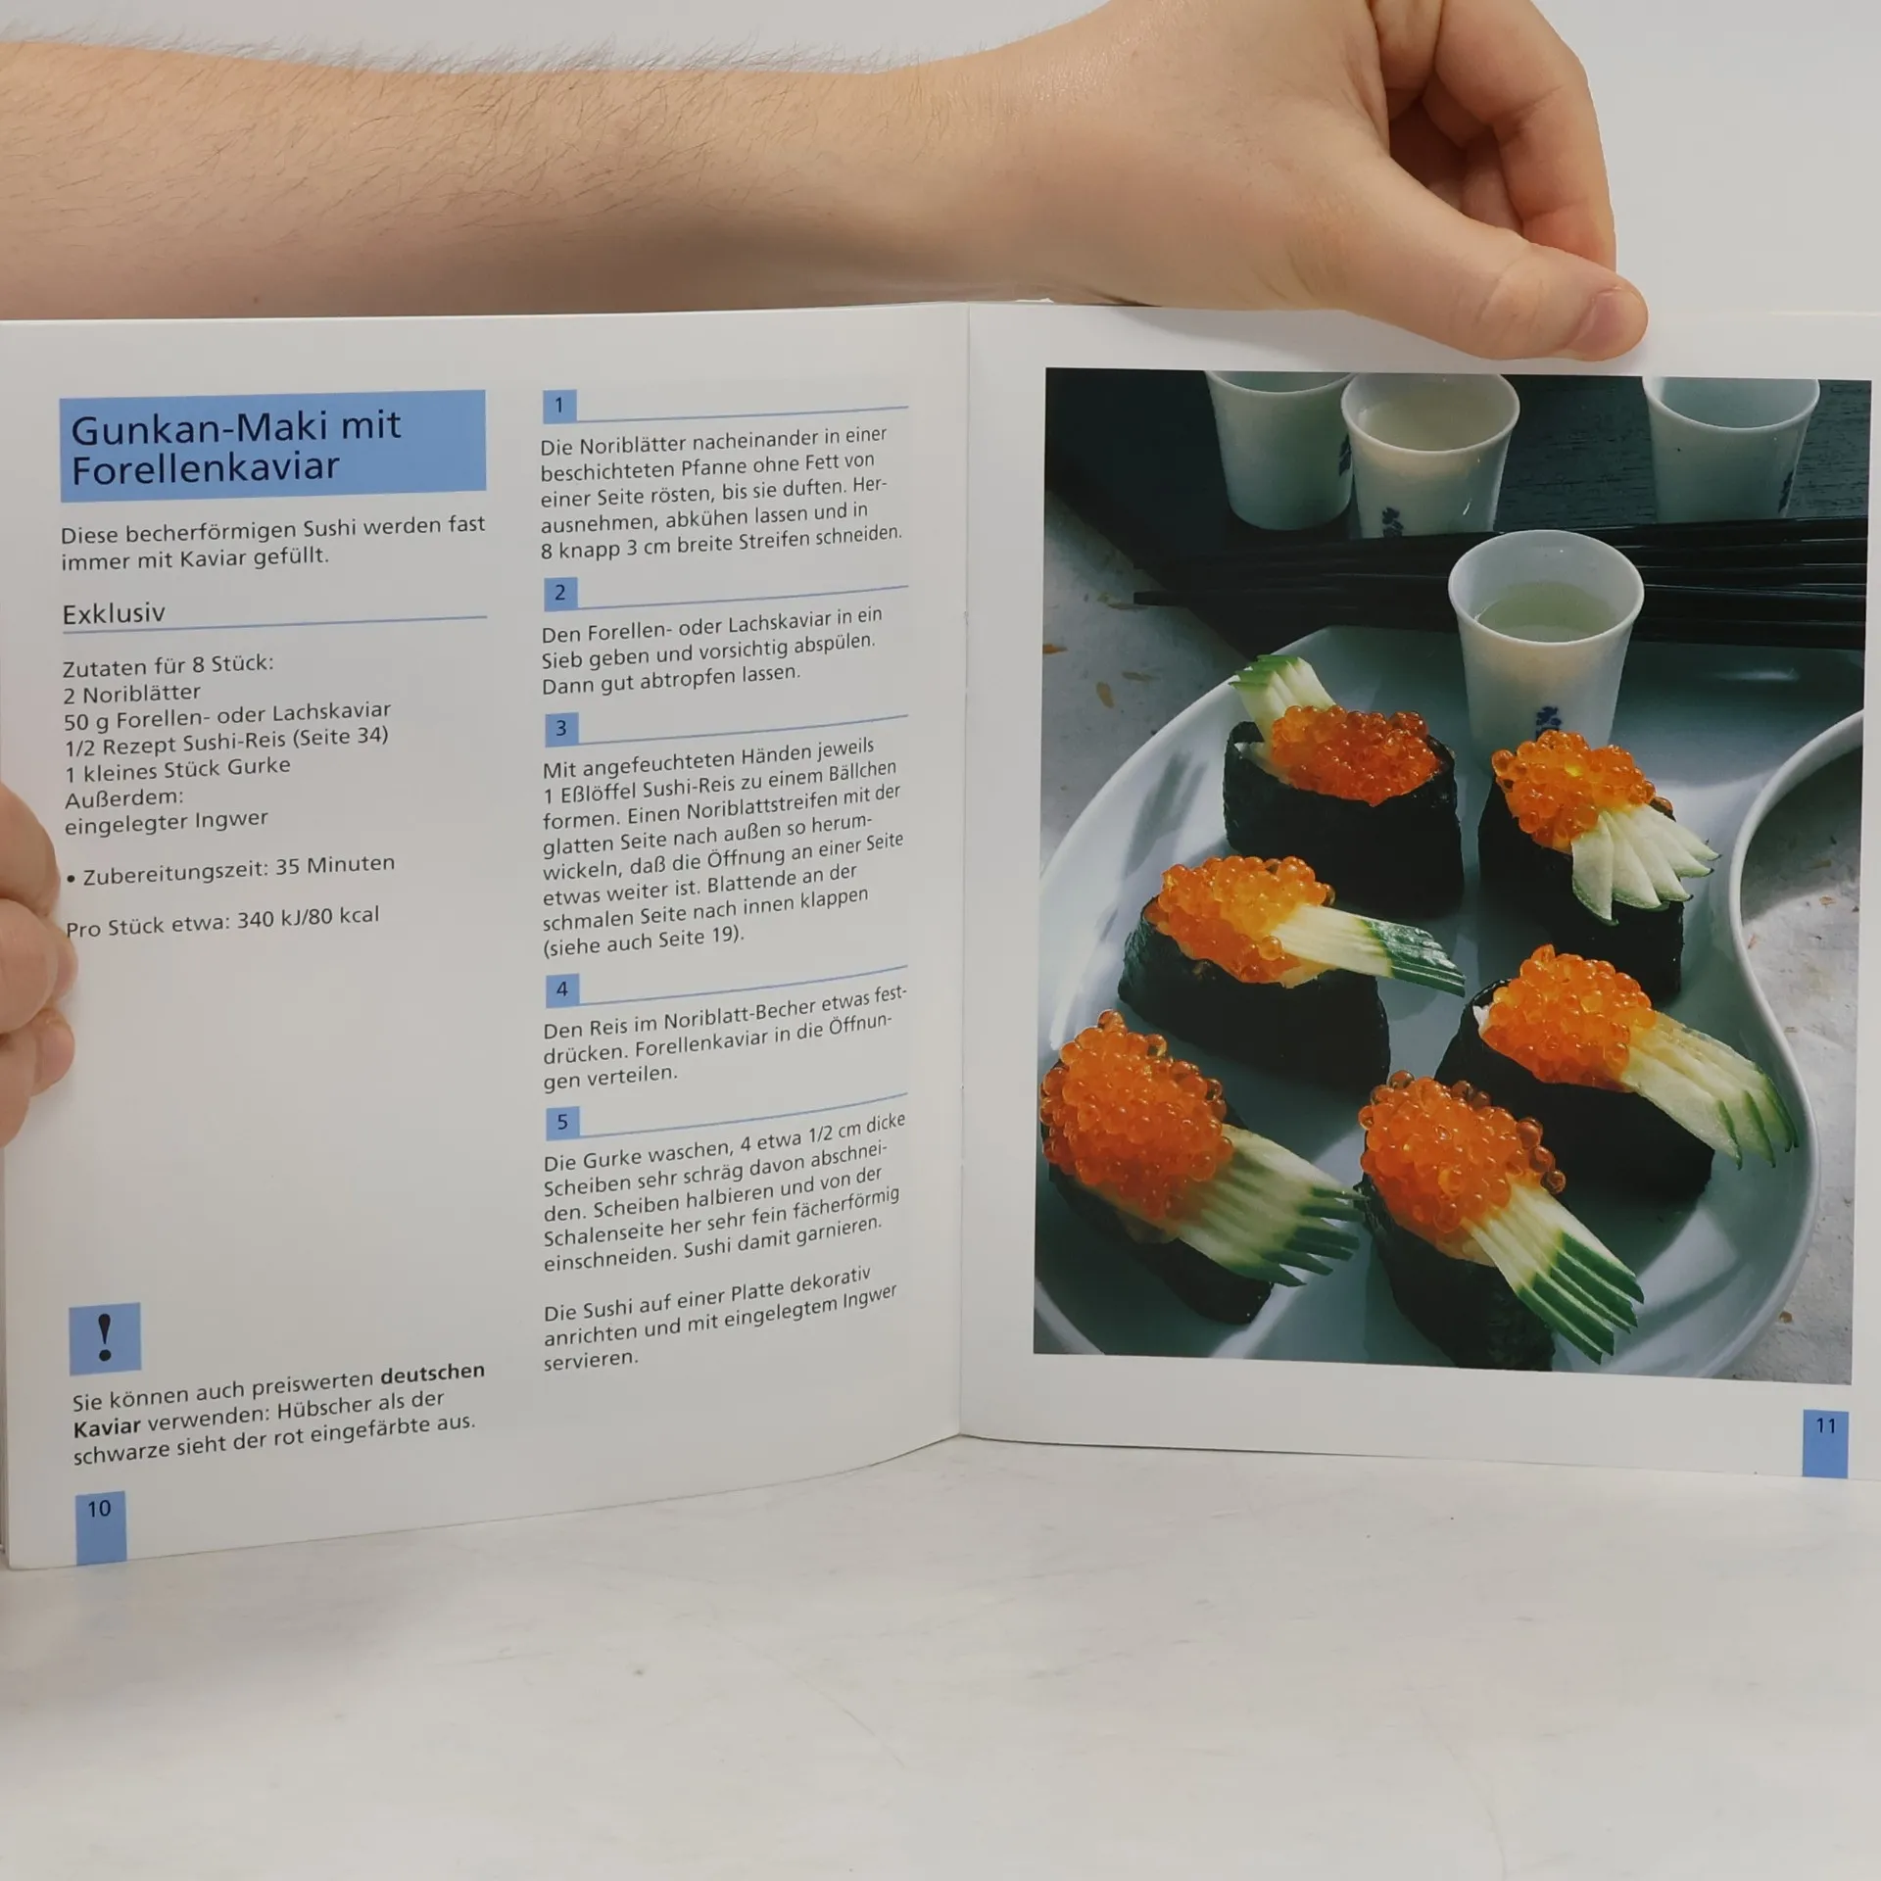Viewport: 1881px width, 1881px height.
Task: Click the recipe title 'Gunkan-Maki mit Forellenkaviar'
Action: (236, 448)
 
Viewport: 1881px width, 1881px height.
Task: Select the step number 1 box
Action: (559, 406)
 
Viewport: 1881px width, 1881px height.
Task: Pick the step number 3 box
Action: (561, 728)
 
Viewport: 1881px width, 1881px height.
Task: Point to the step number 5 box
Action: (562, 1122)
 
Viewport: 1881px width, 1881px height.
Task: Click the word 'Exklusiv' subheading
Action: (114, 614)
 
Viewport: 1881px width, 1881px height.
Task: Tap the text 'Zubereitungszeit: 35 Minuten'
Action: (238, 869)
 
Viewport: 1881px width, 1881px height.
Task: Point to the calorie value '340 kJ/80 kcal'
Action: (307, 919)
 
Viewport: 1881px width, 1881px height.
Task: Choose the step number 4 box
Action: (562, 989)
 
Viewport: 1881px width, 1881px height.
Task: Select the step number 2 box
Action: (560, 593)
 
